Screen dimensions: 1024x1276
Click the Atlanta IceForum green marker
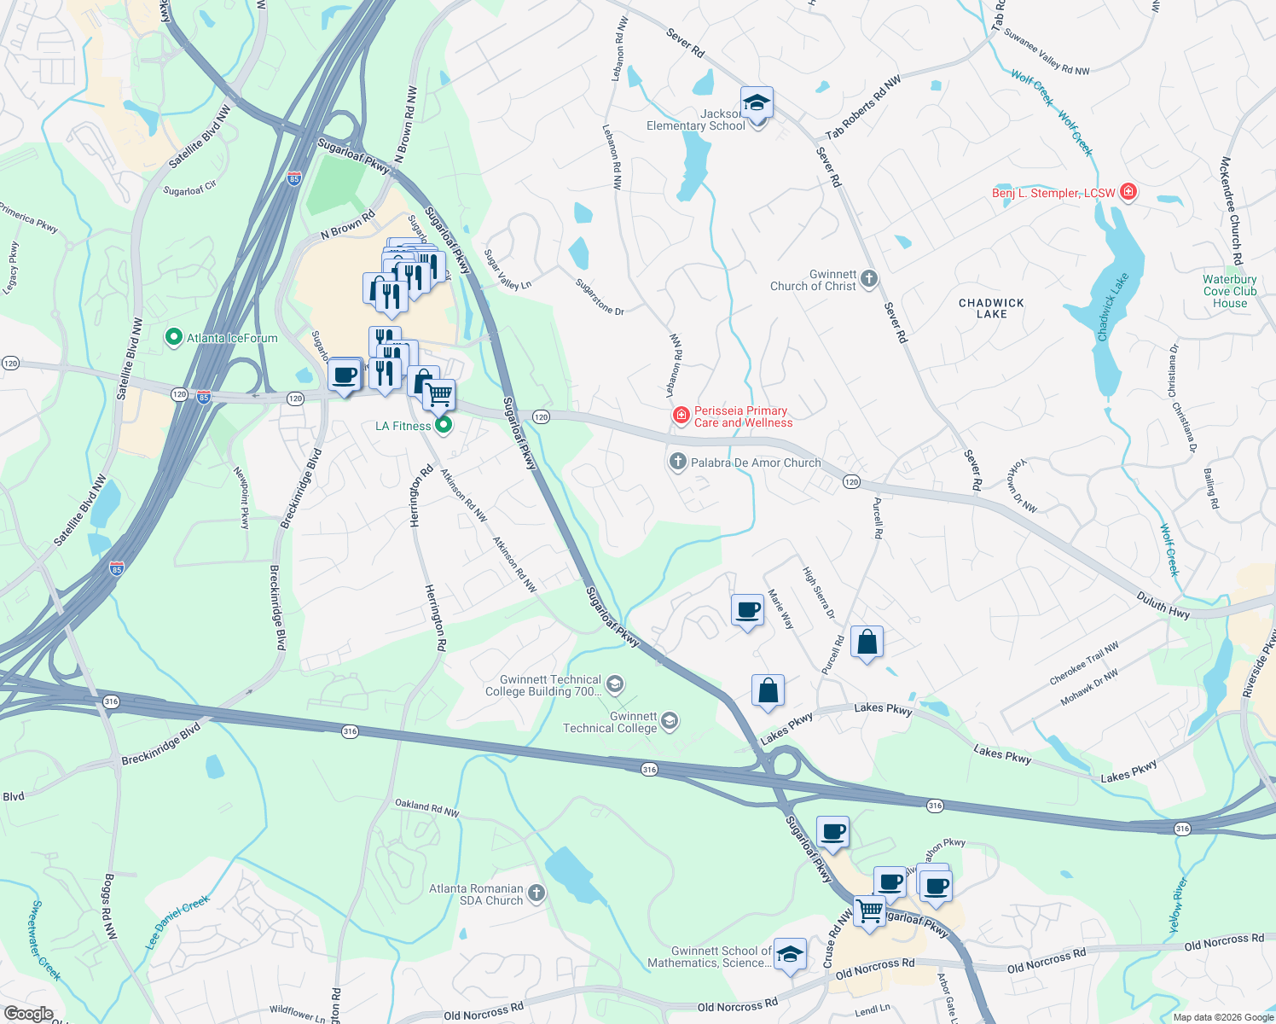pyautogui.click(x=174, y=338)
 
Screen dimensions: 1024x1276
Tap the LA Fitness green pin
pyautogui.click(x=443, y=425)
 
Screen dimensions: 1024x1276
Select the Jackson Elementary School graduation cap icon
pyautogui.click(x=757, y=104)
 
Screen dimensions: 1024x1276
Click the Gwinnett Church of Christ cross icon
pyautogui.click(x=868, y=279)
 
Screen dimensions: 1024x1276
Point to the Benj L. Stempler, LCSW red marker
pyautogui.click(x=1128, y=192)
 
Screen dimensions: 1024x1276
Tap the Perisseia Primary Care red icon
pyautogui.click(x=681, y=416)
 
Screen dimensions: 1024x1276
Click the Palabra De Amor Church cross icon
pyautogui.click(x=677, y=463)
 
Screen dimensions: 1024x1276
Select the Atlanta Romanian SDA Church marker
pyautogui.click(x=536, y=893)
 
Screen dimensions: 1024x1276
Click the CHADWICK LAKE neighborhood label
pyautogui.click(x=991, y=308)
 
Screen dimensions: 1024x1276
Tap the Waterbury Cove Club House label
pyautogui.click(x=1229, y=291)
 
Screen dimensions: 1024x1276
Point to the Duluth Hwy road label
pyautogui.click(x=1163, y=606)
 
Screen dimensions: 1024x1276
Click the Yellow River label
pyautogui.click(x=1176, y=905)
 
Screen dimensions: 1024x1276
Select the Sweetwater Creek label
pyautogui.click(x=45, y=939)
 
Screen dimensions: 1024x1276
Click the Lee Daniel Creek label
pyautogui.click(x=177, y=922)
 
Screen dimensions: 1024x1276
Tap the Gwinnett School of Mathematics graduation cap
pyautogui.click(x=790, y=955)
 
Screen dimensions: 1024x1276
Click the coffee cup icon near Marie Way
pyautogui.click(x=747, y=610)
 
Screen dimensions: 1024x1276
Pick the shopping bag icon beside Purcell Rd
pyautogui.click(x=867, y=642)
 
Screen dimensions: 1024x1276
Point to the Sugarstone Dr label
pyautogui.click(x=600, y=297)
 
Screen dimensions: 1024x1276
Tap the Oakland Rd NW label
pyautogui.click(x=426, y=807)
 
